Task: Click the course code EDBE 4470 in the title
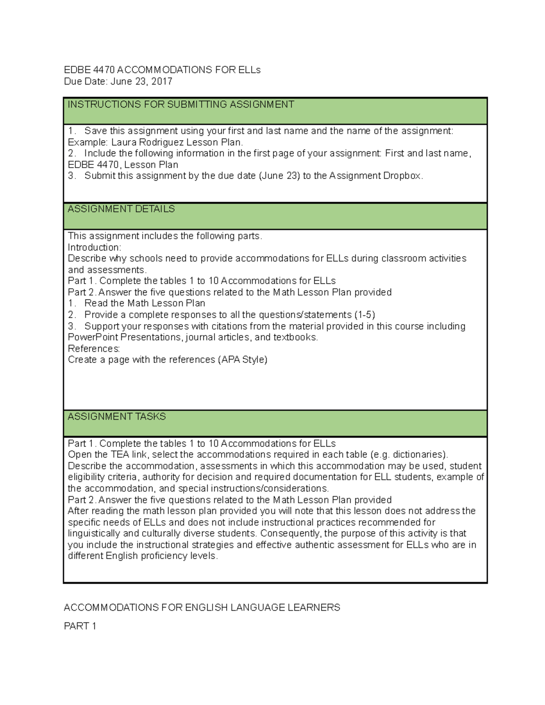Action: pyautogui.click(x=89, y=70)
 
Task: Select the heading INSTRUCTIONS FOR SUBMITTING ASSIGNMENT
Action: pyautogui.click(x=181, y=105)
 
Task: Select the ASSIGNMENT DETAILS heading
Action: pyautogui.click(x=121, y=209)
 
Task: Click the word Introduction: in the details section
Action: pyautogui.click(x=94, y=247)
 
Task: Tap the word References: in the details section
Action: pyautogui.click(x=94, y=349)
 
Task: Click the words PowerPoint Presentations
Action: pyautogui.click(x=125, y=337)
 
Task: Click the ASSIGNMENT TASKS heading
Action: pyautogui.click(x=117, y=417)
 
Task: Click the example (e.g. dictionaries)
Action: pyautogui.click(x=409, y=455)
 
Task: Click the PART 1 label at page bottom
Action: pyautogui.click(x=80, y=626)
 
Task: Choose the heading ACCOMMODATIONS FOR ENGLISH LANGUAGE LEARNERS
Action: pyautogui.click(x=202, y=608)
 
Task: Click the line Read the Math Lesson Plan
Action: pyautogui.click(x=144, y=303)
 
